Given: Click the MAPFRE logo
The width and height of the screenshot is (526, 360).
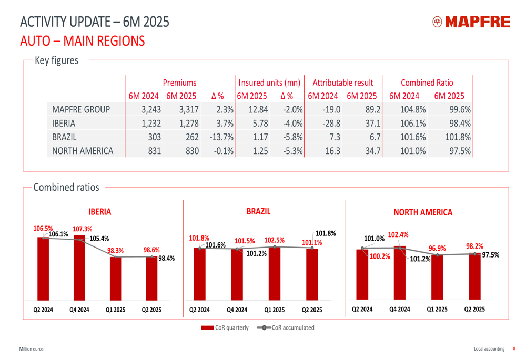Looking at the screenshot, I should point(471,22).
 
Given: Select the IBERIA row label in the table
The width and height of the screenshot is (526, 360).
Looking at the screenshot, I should point(64,124).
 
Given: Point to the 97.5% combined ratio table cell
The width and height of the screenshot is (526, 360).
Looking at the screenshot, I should point(458,151).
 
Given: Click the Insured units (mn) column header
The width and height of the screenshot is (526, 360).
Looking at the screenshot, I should point(269,83).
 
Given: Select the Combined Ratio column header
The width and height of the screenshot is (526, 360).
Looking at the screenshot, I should point(427,83).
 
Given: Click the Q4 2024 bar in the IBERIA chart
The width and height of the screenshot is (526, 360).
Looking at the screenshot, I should point(79,273).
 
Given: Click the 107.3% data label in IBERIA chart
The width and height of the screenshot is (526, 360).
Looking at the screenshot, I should point(82,229).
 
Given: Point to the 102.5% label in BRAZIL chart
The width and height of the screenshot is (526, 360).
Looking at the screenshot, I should point(274,240).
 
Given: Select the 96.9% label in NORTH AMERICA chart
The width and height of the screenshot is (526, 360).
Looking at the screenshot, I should point(437,248).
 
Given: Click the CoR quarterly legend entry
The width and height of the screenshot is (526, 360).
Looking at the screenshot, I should point(225,327).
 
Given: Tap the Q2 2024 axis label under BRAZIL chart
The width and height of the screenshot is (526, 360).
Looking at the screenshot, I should point(199,310).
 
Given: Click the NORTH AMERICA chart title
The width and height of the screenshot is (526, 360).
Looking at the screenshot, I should point(422,212).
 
